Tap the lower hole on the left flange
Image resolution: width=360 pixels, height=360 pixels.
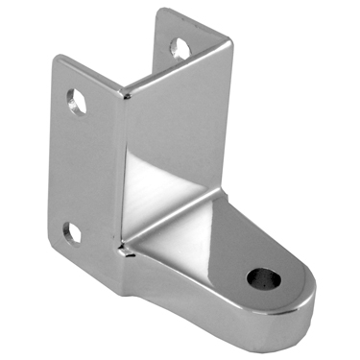point(71,231)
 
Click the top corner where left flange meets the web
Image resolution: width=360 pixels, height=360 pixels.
point(123,93)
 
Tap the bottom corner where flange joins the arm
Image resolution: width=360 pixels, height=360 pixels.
point(123,288)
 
